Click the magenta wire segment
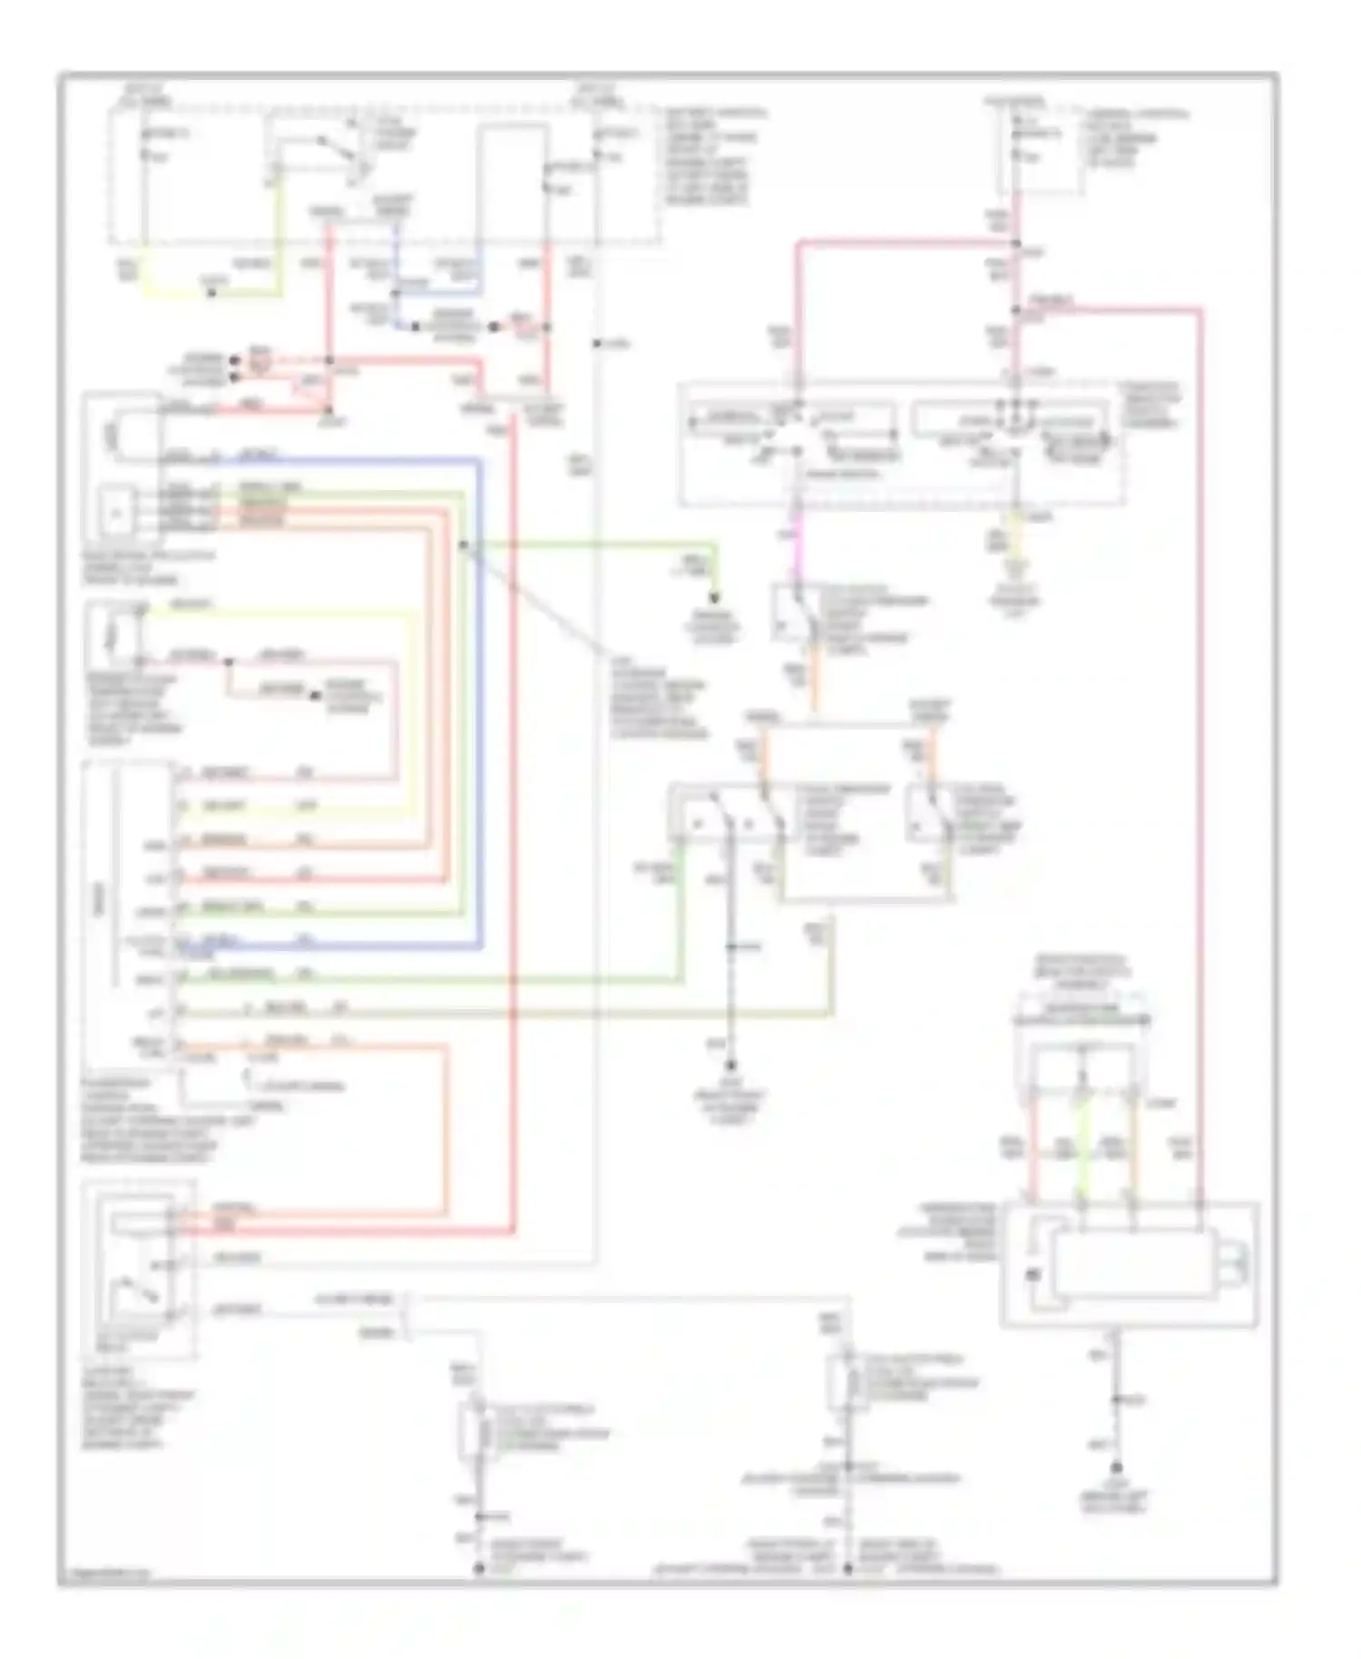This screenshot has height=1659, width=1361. tap(797, 554)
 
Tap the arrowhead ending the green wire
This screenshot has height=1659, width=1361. tap(715, 598)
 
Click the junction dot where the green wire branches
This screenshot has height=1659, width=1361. tap(463, 545)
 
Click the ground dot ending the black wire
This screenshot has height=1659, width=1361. tap(731, 1066)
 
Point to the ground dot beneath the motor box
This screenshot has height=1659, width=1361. tap(1117, 1468)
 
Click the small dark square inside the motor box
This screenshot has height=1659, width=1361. tap(1033, 1274)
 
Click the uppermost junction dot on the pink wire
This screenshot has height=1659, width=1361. tap(1015, 243)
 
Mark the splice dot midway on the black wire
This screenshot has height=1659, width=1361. tap(731, 947)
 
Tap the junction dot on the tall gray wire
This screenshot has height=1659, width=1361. tap(596, 343)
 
